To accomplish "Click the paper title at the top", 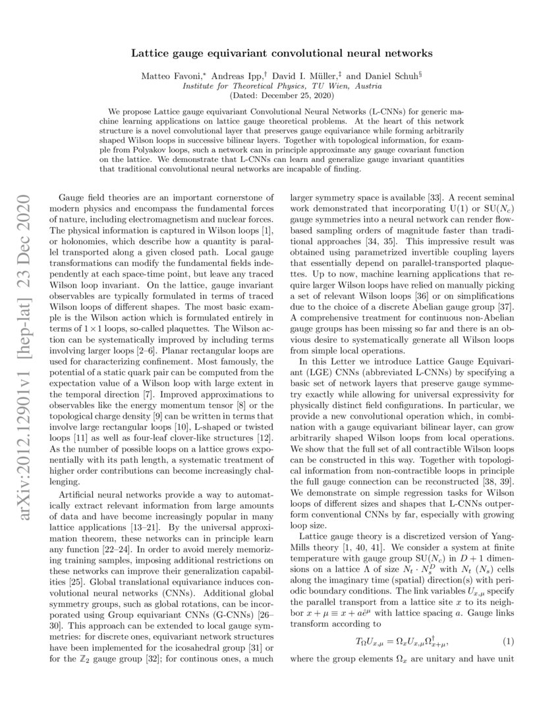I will tap(280, 51).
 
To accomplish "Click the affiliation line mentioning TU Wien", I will tap(280, 86).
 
